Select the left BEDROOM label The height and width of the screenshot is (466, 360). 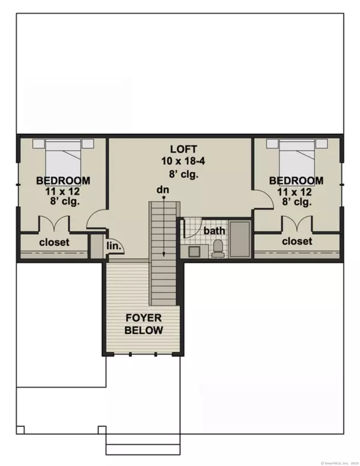point(63,180)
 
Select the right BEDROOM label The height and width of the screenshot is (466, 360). point(296,180)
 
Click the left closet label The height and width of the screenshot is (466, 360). point(55,243)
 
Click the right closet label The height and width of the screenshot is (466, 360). point(297,241)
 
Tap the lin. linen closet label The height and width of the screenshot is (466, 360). point(115,246)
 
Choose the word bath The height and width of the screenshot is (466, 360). point(214,231)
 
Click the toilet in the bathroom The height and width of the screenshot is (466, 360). point(218,247)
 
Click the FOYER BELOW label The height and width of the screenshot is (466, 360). point(143,324)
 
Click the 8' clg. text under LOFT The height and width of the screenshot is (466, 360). point(181,175)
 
